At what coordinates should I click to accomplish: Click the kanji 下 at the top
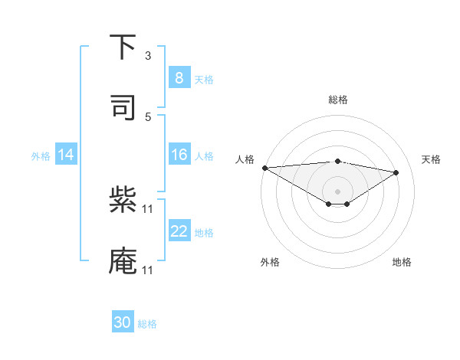pyautogui.click(x=123, y=47)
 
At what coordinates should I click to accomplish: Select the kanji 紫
pyautogui.click(x=123, y=201)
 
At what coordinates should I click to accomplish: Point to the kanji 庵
pyautogui.click(x=123, y=261)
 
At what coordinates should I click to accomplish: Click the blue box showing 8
pyautogui.click(x=179, y=78)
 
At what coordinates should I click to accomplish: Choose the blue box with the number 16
pyautogui.click(x=179, y=155)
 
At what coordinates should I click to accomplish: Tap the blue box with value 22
pyautogui.click(x=179, y=231)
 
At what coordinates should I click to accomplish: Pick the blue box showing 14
pyautogui.click(x=66, y=155)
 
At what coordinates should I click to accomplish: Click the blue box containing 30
pyautogui.click(x=123, y=322)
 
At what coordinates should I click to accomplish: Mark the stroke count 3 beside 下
pyautogui.click(x=148, y=56)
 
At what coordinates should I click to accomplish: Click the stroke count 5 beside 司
pyautogui.click(x=148, y=116)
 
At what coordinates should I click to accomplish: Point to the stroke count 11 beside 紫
pyautogui.click(x=148, y=209)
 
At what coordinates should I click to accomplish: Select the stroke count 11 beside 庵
pyautogui.click(x=148, y=270)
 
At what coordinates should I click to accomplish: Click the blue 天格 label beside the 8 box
pyautogui.click(x=204, y=79)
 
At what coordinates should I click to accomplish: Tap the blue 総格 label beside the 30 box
pyautogui.click(x=147, y=324)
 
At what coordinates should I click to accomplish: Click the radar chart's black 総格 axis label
pyautogui.click(x=337, y=100)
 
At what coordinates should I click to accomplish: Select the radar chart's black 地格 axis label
pyautogui.click(x=402, y=262)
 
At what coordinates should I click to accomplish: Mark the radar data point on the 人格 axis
pyautogui.click(x=264, y=168)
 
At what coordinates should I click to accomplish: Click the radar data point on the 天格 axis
pyautogui.click(x=396, y=172)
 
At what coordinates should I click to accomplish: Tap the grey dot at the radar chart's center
pyautogui.click(x=337, y=191)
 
